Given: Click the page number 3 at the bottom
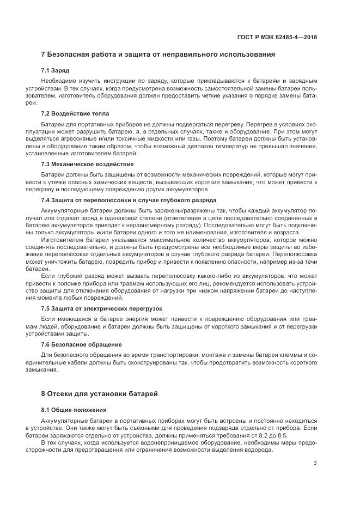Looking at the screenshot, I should tap(316, 464).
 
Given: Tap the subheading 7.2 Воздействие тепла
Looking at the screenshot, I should tap(75, 113).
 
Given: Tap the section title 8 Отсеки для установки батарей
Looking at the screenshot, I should tap(100, 394).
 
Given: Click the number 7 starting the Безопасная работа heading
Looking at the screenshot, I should tap(44, 54).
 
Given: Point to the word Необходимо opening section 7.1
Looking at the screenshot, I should tap(58, 80).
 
